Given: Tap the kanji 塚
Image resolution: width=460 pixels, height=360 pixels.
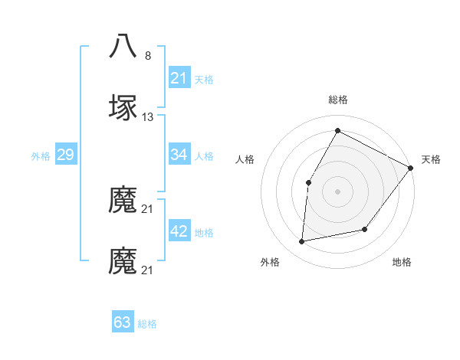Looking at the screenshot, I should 123,108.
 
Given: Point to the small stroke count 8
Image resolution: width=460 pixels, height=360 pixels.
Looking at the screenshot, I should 148,56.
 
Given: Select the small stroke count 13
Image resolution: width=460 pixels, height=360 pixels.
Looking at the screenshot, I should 148,117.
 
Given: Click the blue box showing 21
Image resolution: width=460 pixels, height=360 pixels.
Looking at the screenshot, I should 179,78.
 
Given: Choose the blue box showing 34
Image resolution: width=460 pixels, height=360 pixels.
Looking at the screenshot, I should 179,155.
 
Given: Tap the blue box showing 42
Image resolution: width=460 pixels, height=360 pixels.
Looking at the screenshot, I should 179,232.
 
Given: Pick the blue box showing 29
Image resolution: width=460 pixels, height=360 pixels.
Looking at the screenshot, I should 65,155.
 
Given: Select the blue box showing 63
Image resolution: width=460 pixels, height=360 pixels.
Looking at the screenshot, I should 123,322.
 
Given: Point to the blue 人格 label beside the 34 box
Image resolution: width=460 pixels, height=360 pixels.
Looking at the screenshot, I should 204,156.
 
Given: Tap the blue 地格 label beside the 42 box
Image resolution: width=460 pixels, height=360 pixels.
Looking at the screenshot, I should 204,233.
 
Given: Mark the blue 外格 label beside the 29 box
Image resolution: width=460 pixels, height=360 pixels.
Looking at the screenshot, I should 41,156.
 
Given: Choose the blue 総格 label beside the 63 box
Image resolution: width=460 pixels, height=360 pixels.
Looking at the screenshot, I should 147,323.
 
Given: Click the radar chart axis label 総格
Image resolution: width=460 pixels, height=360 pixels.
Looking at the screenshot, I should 337,100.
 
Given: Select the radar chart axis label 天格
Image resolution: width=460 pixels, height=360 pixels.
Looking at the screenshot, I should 431,159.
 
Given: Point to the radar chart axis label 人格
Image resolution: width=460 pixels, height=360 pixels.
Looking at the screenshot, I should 245,159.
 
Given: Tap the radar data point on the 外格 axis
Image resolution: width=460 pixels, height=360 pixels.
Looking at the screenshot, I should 302,242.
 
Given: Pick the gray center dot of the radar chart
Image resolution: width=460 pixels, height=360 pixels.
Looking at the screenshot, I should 337,191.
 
